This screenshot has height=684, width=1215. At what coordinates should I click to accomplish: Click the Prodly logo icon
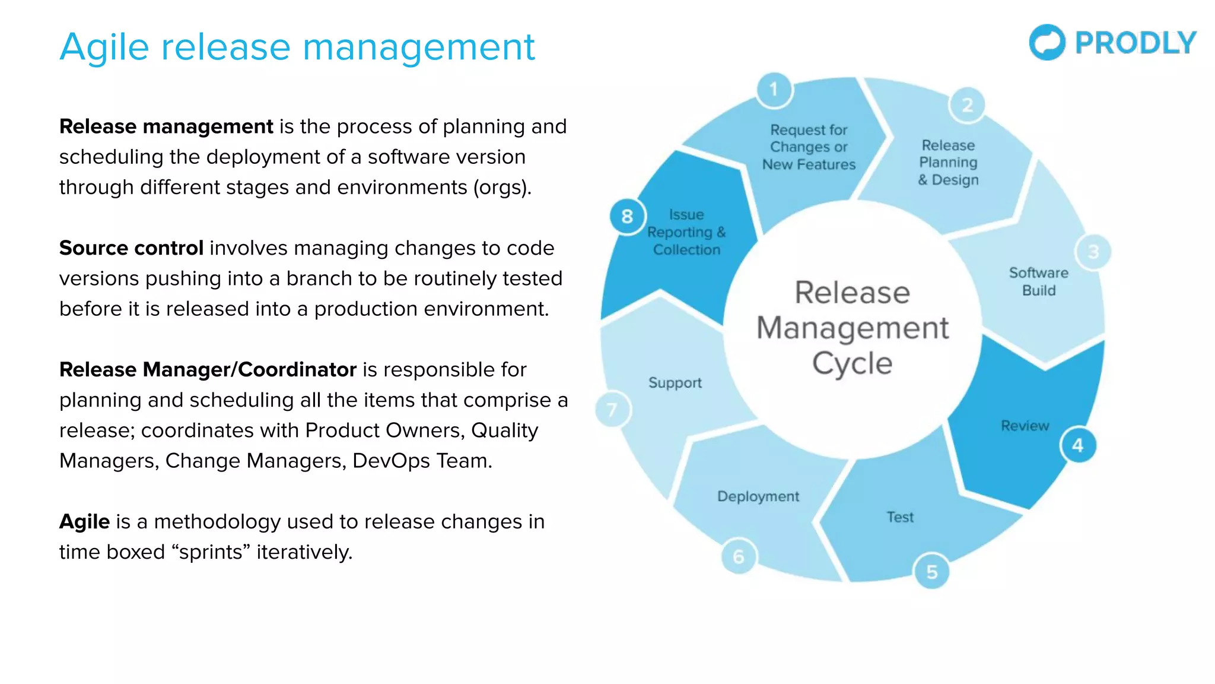[x=1047, y=42]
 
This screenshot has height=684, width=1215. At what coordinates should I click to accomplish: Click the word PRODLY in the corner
[x=1136, y=43]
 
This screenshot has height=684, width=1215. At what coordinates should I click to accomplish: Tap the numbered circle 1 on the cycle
[x=774, y=90]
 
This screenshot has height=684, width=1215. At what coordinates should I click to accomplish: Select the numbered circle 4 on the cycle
[x=1078, y=445]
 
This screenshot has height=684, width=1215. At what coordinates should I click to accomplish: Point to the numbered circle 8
[x=627, y=217]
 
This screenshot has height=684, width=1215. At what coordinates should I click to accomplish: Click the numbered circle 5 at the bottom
[x=931, y=572]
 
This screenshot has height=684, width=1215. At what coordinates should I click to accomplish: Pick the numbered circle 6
[x=739, y=557]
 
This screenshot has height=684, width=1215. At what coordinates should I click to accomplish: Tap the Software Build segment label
[x=1039, y=281]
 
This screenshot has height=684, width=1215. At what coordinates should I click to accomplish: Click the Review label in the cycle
[x=1025, y=426]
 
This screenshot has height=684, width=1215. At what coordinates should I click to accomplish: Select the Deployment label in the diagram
[x=758, y=496]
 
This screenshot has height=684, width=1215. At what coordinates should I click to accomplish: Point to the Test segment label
[x=900, y=517]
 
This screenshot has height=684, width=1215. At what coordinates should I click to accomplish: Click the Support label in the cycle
[x=675, y=383]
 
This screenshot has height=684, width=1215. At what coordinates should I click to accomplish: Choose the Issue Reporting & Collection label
[x=686, y=232]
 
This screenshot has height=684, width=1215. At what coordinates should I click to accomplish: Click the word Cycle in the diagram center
[x=852, y=363]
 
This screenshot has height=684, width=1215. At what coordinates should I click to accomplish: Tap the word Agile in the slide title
[x=104, y=47]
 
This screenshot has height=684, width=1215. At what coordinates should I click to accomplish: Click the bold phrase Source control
[x=131, y=248]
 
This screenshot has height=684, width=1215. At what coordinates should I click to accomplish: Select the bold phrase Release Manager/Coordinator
[x=208, y=370]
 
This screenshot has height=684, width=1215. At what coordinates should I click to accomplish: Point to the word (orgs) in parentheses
[x=501, y=188]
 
